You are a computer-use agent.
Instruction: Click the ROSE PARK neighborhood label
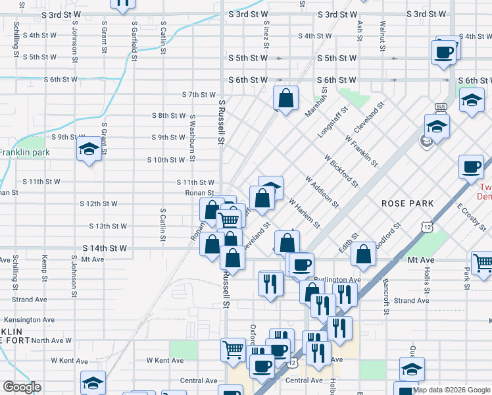click(x=408, y=203)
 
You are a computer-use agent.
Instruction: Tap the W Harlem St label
click(x=303, y=214)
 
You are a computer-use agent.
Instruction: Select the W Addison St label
click(x=321, y=192)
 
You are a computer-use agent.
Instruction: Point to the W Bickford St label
click(x=341, y=170)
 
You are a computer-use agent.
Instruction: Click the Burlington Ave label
click(x=337, y=280)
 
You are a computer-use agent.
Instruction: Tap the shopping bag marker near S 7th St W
click(x=285, y=99)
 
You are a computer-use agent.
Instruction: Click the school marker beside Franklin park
click(x=89, y=149)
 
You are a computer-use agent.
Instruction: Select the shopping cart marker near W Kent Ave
click(x=234, y=350)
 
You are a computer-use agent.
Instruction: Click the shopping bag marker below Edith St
click(x=363, y=254)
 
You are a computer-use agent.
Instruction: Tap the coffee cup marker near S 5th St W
click(x=444, y=52)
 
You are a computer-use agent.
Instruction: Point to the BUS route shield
click(x=441, y=107)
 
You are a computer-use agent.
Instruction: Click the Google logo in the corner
click(x=22, y=387)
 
